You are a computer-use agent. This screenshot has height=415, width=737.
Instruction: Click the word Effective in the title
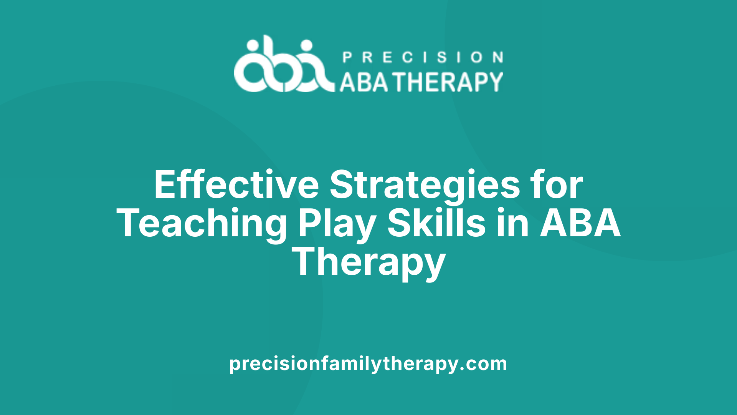tap(236, 185)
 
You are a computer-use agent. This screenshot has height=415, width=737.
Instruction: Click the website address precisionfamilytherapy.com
tap(368, 364)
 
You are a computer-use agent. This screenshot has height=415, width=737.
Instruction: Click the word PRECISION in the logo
tap(423, 58)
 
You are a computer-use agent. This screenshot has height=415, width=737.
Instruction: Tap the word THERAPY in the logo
tap(449, 82)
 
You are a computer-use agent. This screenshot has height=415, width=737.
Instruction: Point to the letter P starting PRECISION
tap(347, 58)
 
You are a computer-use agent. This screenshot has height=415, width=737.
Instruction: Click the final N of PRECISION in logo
tap(498, 58)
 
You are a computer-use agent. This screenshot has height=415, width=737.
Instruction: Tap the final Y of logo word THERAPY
tap(495, 82)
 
